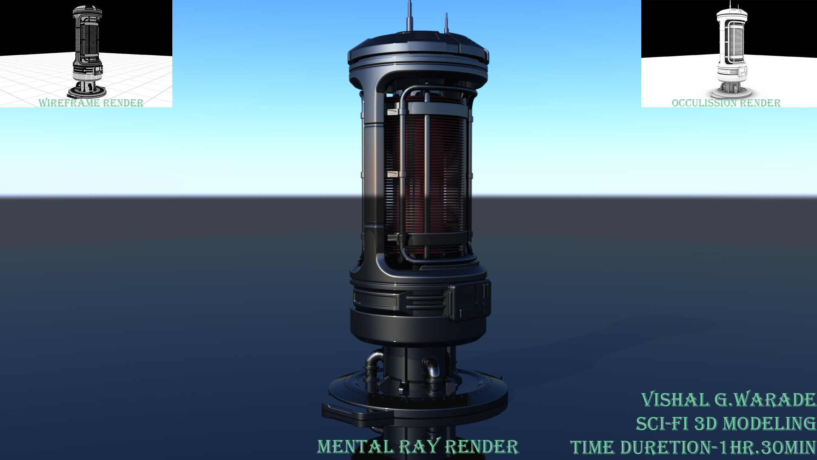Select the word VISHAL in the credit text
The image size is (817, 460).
coord(675,400)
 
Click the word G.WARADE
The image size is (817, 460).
coord(765,400)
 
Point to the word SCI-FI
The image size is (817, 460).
coord(662,424)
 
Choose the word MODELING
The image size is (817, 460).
coord(769,424)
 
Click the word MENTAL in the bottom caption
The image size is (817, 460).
coord(355,447)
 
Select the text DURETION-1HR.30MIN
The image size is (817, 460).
coord(718,448)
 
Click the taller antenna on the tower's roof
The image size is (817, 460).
coord(410,16)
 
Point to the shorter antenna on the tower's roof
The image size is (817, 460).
coord(446,23)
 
